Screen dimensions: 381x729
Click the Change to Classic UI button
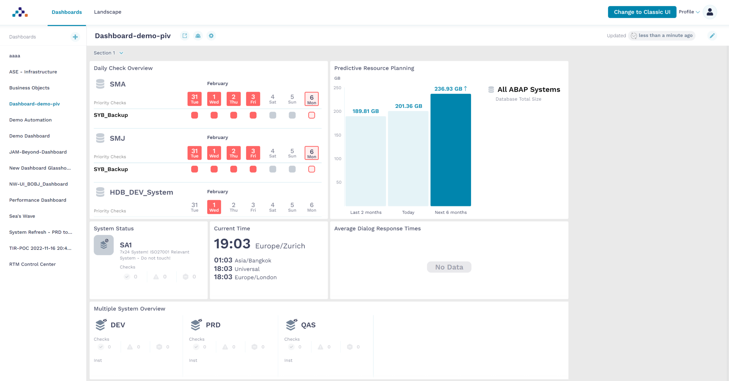pyautogui.click(x=642, y=12)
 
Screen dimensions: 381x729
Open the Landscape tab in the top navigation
pyautogui.click(x=108, y=12)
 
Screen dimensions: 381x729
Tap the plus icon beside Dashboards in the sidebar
pyautogui.click(x=75, y=37)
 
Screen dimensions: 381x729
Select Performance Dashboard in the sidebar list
pyautogui.click(x=38, y=200)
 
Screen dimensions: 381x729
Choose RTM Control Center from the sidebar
pyautogui.click(x=32, y=264)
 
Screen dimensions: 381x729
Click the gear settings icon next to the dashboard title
pyautogui.click(x=211, y=36)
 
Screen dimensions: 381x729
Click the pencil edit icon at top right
pyautogui.click(x=712, y=36)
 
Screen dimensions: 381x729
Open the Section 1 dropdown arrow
pyautogui.click(x=121, y=53)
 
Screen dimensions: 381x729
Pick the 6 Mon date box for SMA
pyautogui.click(x=312, y=99)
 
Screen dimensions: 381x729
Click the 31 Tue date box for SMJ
pyautogui.click(x=194, y=153)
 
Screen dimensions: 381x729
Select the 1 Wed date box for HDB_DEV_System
pyautogui.click(x=214, y=207)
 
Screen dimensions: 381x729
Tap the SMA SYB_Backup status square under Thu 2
pyautogui.click(x=234, y=115)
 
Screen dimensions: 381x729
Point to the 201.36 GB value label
pyautogui.click(x=408, y=106)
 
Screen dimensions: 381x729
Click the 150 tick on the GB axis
pyautogui.click(x=338, y=135)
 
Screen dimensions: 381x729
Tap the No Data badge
pyautogui.click(x=449, y=267)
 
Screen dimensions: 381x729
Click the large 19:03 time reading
pyautogui.click(x=232, y=244)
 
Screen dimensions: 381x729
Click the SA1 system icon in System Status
pyautogui.click(x=104, y=245)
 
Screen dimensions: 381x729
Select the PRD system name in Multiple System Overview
pyautogui.click(x=213, y=325)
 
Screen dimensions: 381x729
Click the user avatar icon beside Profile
pyautogui.click(x=710, y=12)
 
